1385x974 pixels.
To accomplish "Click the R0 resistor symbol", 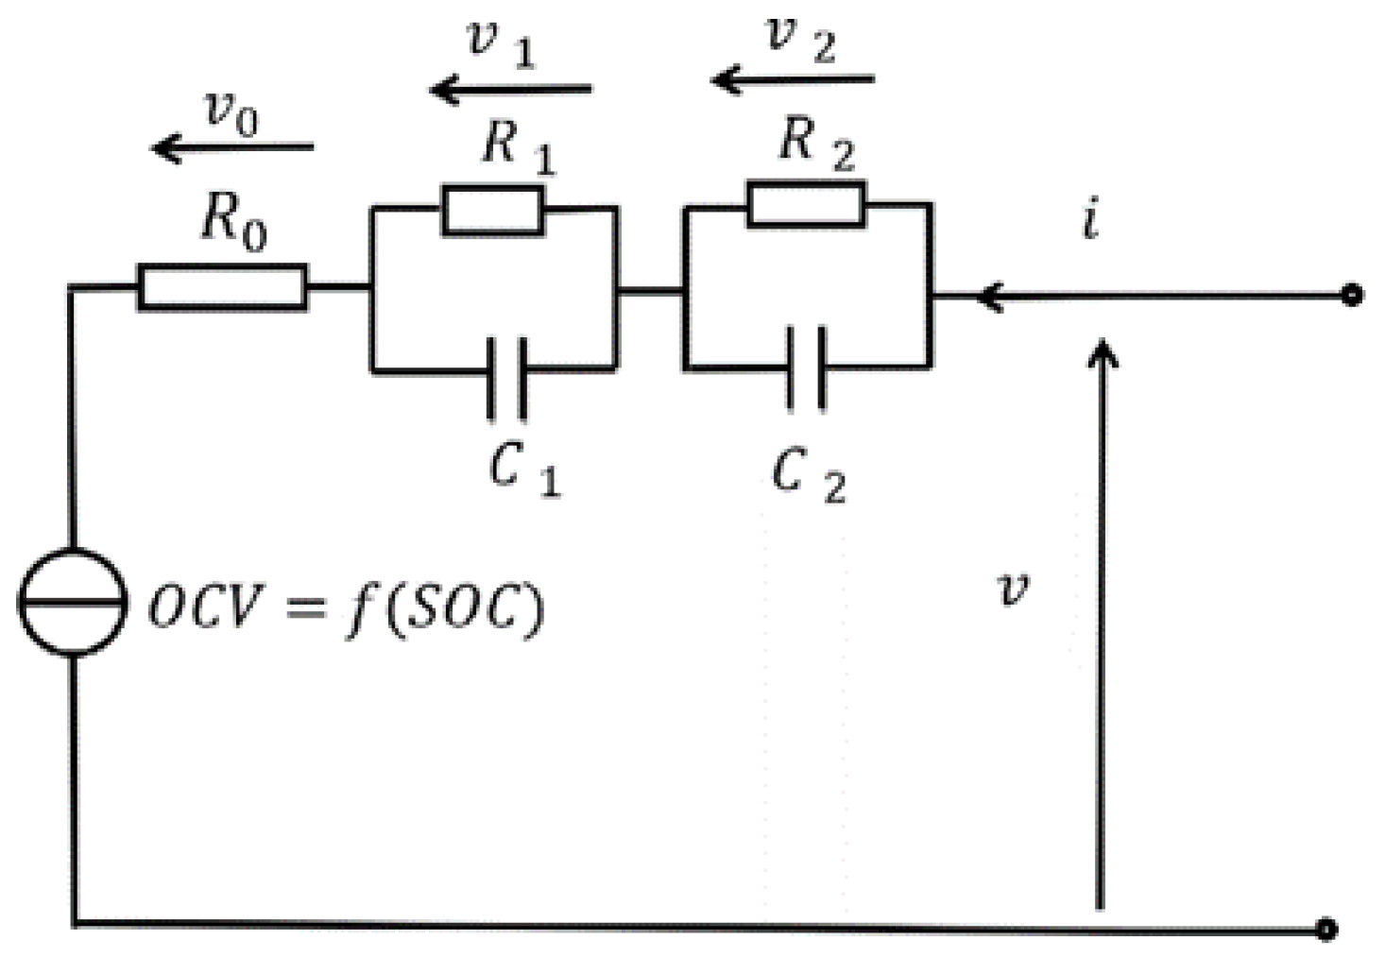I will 222,287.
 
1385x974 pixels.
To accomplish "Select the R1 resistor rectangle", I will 492,210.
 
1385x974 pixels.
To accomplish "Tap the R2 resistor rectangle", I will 805,204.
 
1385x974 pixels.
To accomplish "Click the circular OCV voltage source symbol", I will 73,602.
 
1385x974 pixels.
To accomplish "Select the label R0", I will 232,225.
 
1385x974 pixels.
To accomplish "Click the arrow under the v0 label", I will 232,147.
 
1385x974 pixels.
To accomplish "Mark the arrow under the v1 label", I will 510,90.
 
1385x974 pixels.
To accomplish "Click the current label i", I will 1091,221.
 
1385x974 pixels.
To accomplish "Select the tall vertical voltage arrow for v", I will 1102,624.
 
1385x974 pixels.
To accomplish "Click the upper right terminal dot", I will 1352,296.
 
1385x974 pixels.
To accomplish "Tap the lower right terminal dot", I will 1326,929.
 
